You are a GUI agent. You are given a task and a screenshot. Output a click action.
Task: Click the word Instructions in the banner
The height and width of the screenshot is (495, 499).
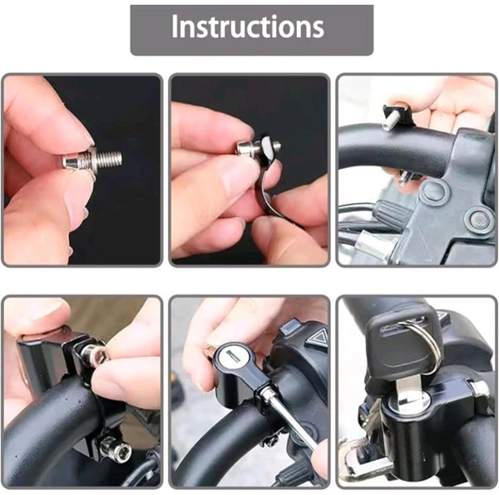(x=248, y=27)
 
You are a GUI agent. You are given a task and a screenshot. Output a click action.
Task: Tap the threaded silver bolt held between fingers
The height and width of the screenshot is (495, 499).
(x=93, y=160)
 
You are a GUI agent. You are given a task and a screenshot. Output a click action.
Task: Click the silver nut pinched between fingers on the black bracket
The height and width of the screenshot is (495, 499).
(x=92, y=354)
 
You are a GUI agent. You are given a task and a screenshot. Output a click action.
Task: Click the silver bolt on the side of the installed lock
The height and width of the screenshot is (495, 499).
(x=479, y=389)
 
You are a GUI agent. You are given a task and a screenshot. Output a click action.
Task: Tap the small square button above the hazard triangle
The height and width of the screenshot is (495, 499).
(x=289, y=326)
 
